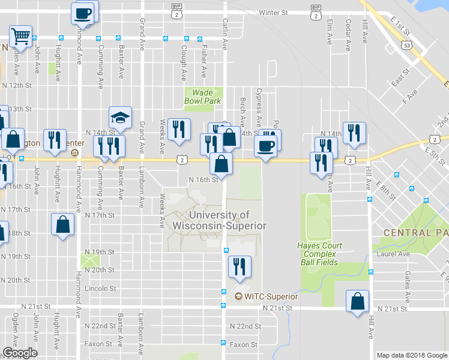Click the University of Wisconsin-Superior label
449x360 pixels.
pos(218,220)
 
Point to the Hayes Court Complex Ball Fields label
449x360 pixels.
pos(319,254)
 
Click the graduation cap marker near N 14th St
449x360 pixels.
pos(120,118)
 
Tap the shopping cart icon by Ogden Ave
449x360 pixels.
pos(20,37)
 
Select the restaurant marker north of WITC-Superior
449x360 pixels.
pos(240,267)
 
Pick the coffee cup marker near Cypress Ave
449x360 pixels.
pos(265,145)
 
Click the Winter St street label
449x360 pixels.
pos(273,12)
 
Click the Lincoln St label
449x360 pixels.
pos(100,289)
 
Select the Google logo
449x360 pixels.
pos(19,353)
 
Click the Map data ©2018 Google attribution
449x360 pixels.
pos(411,355)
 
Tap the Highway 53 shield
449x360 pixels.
pos(408,46)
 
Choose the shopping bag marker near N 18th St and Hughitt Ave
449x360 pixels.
pos(63,225)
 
